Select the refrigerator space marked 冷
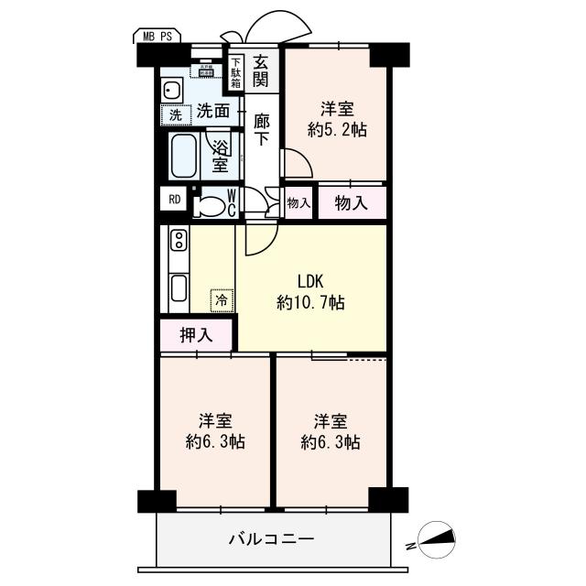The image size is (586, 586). coord(221,298)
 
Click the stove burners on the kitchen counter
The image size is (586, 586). coord(178,244)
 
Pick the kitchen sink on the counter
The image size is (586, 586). coord(178,290)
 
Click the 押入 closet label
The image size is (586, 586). coord(195,335)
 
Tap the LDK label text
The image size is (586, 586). coord(310,281)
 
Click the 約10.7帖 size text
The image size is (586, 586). coord(310,302)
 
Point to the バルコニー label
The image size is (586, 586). coord(271,539)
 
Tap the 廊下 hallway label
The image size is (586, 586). coord(261,127)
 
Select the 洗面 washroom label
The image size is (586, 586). coord(213,113)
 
